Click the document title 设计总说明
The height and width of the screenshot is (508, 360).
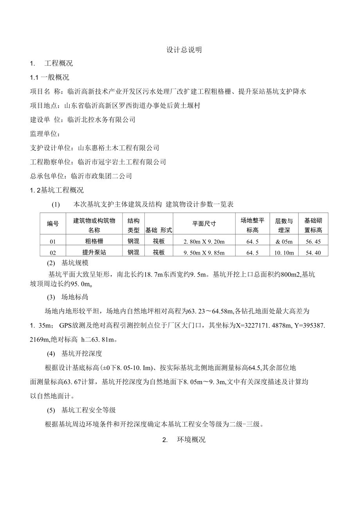[184, 50]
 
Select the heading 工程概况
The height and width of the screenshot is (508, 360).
[59, 63]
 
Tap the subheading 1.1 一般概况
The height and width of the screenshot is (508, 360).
[50, 78]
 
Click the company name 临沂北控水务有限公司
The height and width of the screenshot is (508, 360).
[101, 120]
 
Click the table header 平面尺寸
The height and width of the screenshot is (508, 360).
[204, 223]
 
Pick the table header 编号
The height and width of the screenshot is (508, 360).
[53, 224]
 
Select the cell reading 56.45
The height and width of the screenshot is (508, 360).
[313, 242]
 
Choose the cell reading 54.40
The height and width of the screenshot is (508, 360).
[313, 253]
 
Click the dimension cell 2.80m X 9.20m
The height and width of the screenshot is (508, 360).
[204, 242]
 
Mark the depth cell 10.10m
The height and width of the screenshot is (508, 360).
[284, 253]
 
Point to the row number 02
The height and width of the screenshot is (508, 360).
[53, 253]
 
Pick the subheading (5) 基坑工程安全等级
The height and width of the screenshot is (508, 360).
[81, 410]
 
